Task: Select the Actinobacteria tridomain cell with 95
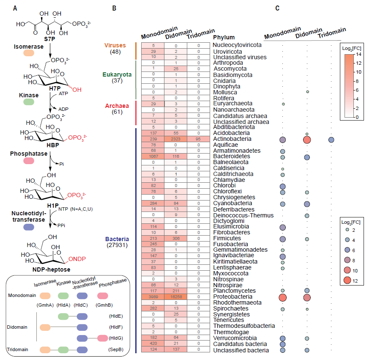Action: (x=199, y=139)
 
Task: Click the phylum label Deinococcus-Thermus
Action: (x=237, y=215)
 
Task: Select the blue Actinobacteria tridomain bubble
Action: (x=331, y=140)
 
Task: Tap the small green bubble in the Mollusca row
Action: (x=308, y=91)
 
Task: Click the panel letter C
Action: (x=277, y=8)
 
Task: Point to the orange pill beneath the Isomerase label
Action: (x=29, y=53)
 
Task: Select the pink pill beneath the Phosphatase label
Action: (x=29, y=161)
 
